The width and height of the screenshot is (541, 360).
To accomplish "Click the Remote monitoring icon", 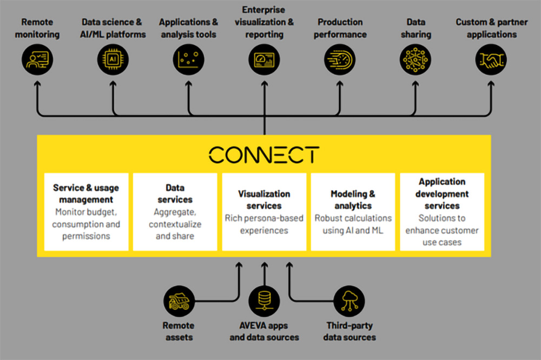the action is pyautogui.click(x=37, y=59).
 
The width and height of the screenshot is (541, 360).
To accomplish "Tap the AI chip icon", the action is pyautogui.click(x=113, y=59).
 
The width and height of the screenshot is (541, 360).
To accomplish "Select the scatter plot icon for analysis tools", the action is pyautogui.click(x=188, y=59).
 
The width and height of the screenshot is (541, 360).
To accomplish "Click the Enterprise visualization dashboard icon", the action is pyautogui.click(x=265, y=59).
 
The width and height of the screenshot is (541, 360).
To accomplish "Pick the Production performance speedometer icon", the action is pyautogui.click(x=340, y=59).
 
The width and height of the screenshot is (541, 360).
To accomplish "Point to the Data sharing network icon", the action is pyautogui.click(x=415, y=59).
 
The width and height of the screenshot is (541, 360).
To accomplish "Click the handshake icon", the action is pyautogui.click(x=491, y=59).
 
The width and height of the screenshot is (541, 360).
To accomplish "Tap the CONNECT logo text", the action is pyautogui.click(x=264, y=155).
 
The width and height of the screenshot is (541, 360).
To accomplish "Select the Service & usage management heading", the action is pyautogui.click(x=86, y=194).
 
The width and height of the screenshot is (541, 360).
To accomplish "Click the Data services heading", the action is pyautogui.click(x=175, y=194).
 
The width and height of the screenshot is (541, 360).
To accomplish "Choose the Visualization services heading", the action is pyautogui.click(x=264, y=199).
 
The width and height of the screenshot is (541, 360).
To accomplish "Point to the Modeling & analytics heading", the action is pyautogui.click(x=353, y=199).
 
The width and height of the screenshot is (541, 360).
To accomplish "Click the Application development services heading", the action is pyautogui.click(x=442, y=194).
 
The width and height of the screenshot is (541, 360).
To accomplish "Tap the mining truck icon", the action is pyautogui.click(x=179, y=301).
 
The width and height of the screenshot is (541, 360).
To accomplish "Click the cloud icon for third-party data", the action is pyautogui.click(x=349, y=301).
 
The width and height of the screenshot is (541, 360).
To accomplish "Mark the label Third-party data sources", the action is pyautogui.click(x=349, y=331).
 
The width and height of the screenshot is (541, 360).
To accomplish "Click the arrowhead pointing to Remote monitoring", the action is pyautogui.click(x=37, y=83).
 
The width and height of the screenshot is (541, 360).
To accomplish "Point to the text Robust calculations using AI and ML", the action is pyautogui.click(x=353, y=224).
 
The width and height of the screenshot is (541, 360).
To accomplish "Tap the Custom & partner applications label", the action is pyautogui.click(x=492, y=28).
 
